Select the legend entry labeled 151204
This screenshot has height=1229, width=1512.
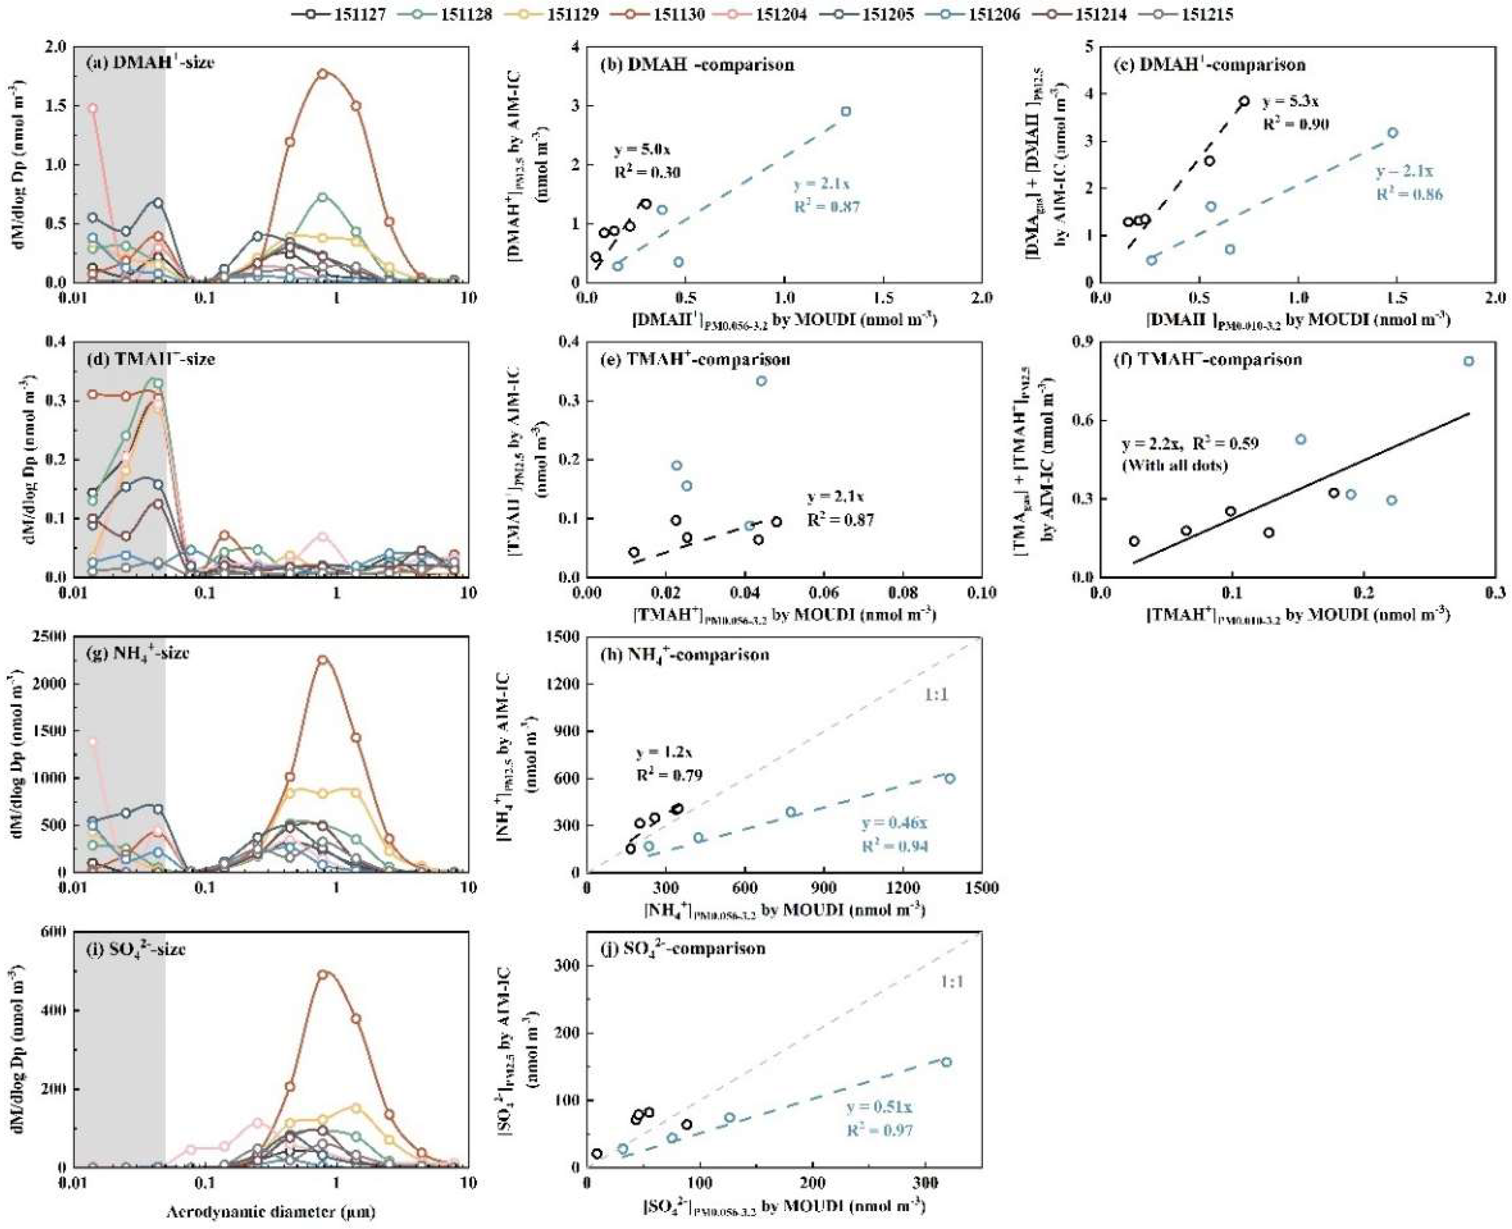pos(781,14)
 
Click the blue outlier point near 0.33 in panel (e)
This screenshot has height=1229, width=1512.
pos(761,381)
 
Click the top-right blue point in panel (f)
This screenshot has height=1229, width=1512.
pos(1469,361)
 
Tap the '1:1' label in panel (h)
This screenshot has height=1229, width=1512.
pos(935,695)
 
